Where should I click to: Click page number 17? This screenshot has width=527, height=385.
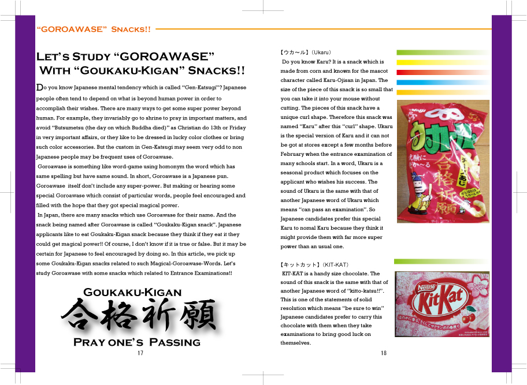pyautogui.click(x=140, y=353)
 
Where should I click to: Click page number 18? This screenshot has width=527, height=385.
pyautogui.click(x=384, y=353)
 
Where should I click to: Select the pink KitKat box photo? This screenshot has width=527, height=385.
pyautogui.click(x=441, y=304)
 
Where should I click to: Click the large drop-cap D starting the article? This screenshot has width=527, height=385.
pyautogui.click(x=39, y=88)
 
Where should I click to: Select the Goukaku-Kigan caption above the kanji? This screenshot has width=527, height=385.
pyautogui.click(x=132, y=292)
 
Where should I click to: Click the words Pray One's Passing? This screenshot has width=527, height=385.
pyautogui.click(x=136, y=342)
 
